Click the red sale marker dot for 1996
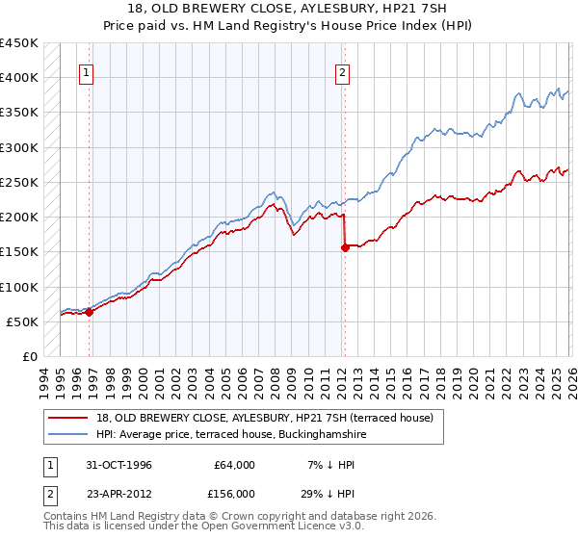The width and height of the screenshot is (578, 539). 89,312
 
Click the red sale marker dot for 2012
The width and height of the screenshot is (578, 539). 345,247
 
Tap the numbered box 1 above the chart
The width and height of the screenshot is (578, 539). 87,71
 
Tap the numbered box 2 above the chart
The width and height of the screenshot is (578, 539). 342,71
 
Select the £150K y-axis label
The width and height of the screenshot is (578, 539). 18,252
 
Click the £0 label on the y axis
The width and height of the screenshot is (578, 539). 28,356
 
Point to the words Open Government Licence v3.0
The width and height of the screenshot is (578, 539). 279,526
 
